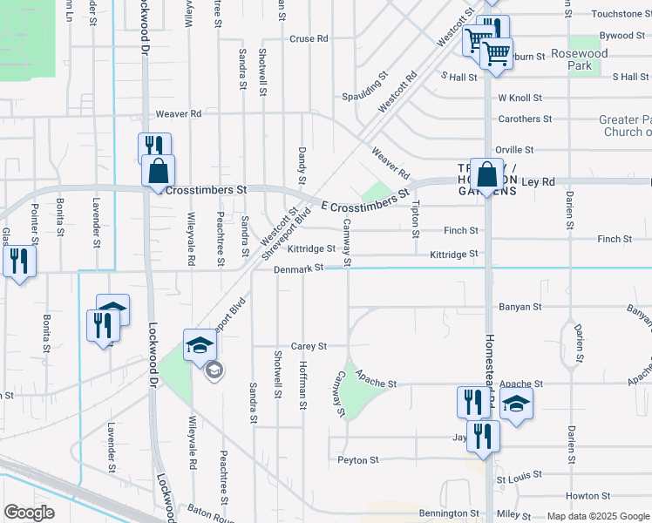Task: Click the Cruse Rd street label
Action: point(309,39)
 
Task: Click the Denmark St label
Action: point(299,269)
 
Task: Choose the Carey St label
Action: point(309,346)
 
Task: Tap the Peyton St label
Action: point(358,459)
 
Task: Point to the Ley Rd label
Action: point(538,182)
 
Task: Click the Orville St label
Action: point(514,151)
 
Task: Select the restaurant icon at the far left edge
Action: point(18,260)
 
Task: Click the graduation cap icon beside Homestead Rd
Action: point(517,404)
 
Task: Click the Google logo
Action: point(30,513)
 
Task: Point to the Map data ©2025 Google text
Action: point(598,516)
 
